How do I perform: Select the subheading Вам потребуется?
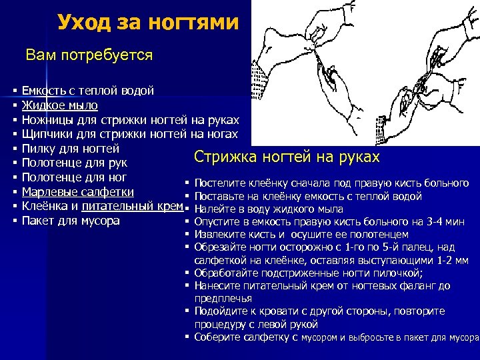pos(89,55)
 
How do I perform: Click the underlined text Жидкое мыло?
pos(60,105)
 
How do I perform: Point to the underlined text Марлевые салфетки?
pos(79,192)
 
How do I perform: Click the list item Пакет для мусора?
pos(71,221)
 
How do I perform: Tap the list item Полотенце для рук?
pos(74,163)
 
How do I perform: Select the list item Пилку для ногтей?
pos(71,149)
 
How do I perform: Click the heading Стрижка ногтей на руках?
pos(287,157)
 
